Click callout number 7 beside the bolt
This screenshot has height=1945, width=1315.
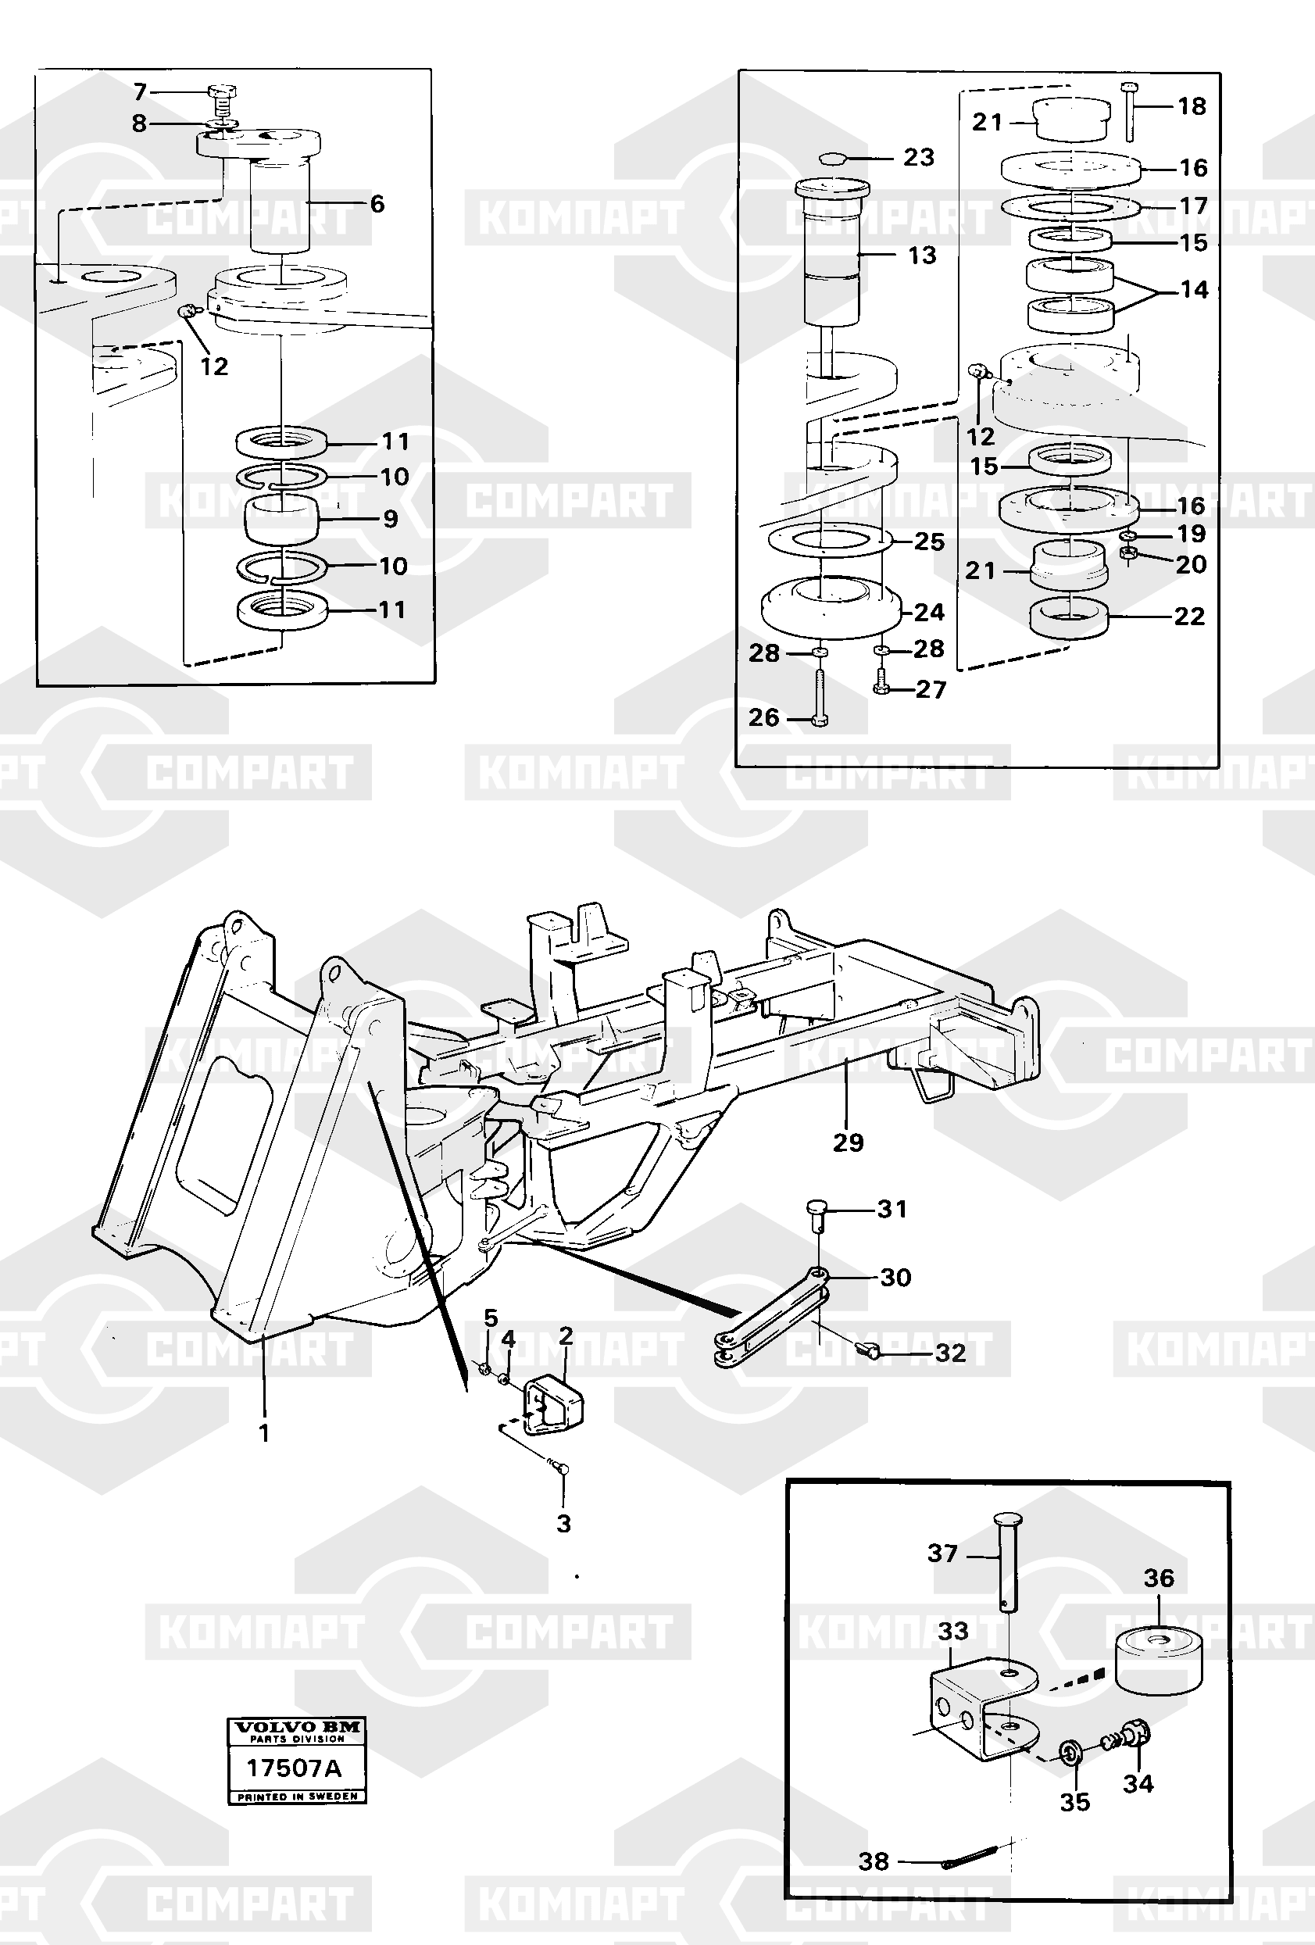pos(140,92)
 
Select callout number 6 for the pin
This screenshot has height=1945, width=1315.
pos(377,203)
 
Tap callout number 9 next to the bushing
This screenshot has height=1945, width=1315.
pos(390,519)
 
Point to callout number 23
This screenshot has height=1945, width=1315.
pos(918,157)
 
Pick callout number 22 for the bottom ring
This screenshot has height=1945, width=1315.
pos(1188,616)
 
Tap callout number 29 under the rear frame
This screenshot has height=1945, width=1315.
pos(848,1142)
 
